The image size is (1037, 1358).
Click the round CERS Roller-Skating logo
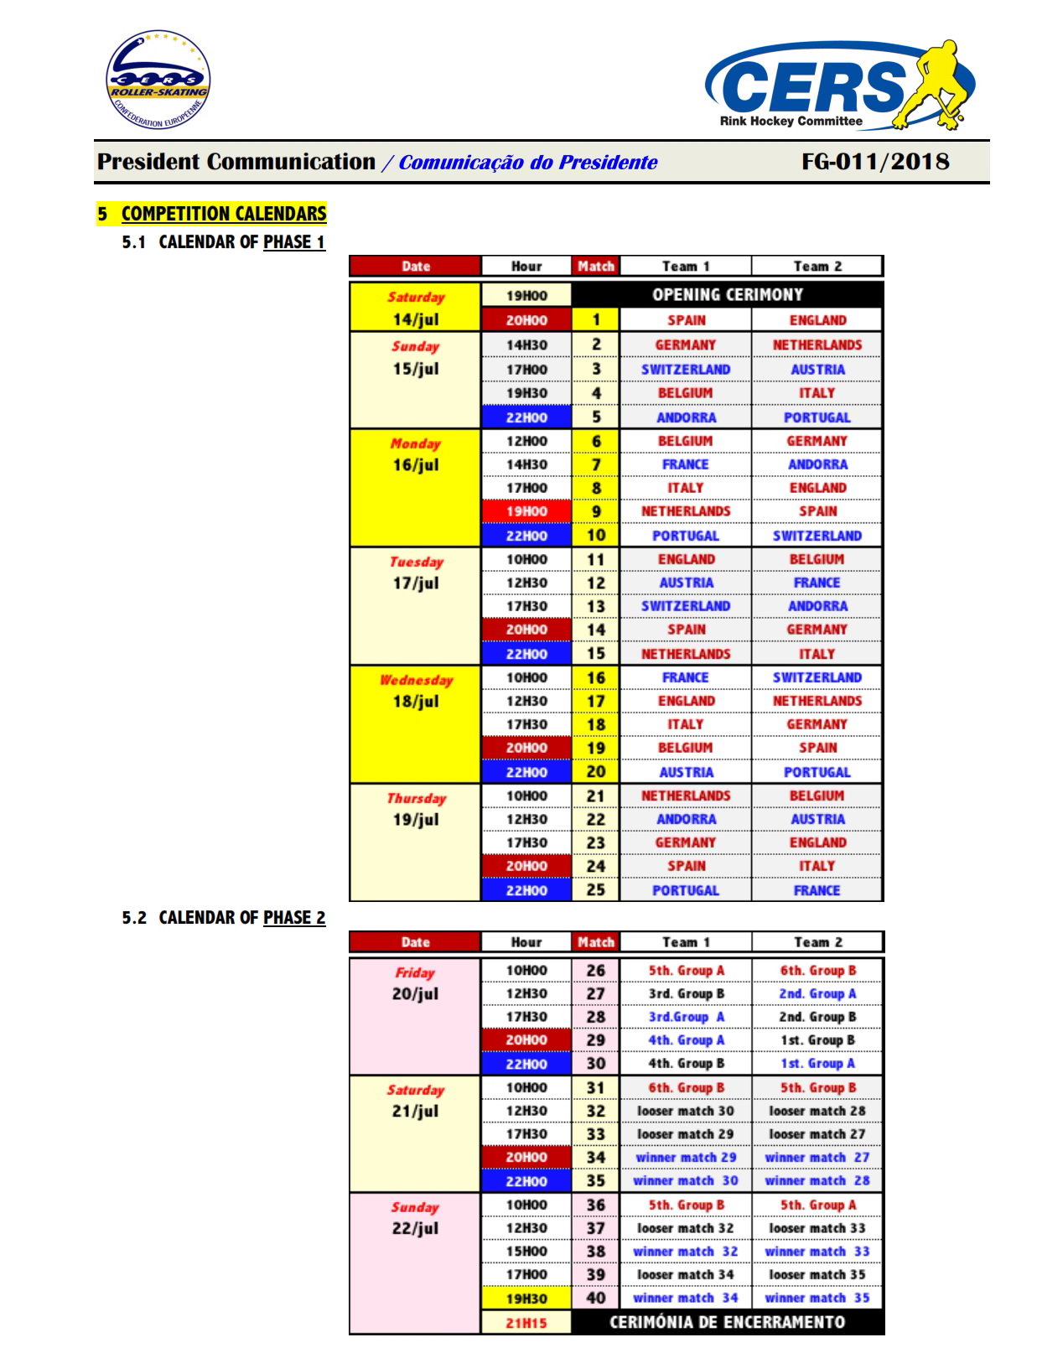[158, 80]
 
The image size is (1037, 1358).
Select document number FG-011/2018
[874, 162]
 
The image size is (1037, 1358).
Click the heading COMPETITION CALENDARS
[223, 214]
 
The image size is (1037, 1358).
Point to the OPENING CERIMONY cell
[727, 295]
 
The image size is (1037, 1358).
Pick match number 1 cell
[596, 319]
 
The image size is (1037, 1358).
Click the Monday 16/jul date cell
[416, 487]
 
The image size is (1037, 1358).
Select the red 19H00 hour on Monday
[526, 511]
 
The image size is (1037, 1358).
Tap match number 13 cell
[596, 606]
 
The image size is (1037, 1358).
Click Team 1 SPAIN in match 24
[686, 866]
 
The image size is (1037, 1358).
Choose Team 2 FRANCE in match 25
[817, 890]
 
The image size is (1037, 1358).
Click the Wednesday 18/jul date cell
[416, 723]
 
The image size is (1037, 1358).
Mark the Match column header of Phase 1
[596, 267]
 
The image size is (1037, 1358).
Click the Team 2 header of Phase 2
[817, 942]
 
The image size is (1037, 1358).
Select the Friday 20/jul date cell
[416, 1016]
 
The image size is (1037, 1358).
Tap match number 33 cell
[596, 1134]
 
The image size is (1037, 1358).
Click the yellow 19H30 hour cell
[526, 1298]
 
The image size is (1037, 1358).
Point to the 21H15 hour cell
[526, 1323]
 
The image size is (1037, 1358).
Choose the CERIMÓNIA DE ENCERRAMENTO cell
[727, 1322]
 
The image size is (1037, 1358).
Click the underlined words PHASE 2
[294, 918]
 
